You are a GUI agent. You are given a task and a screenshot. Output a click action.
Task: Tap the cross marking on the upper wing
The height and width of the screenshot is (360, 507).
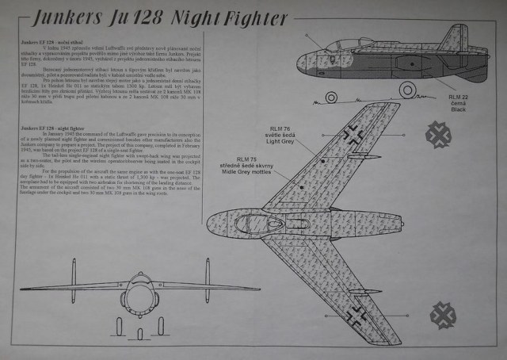point(353,134)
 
